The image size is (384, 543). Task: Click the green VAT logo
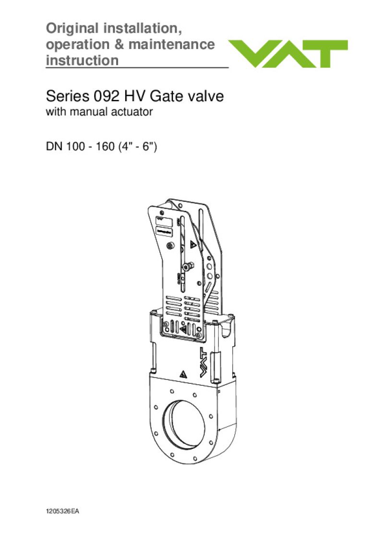click(x=288, y=54)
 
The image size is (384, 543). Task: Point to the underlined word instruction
click(x=82, y=61)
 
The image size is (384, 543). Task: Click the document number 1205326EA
click(x=62, y=512)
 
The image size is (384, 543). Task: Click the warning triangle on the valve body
click(x=183, y=374)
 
